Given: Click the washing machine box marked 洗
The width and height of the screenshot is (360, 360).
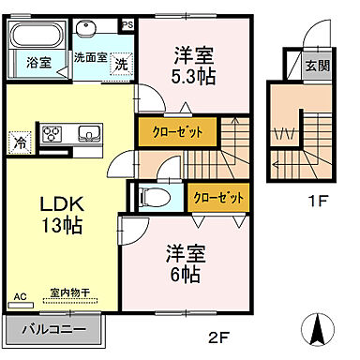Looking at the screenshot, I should (x=121, y=64).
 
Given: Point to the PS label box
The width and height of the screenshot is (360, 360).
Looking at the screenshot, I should (x=128, y=25).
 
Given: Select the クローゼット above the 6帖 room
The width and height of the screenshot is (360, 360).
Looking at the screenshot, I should (x=217, y=198).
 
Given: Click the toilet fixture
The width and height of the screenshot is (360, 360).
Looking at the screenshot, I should (x=153, y=198).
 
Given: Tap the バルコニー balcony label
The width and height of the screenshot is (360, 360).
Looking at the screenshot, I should (x=53, y=332).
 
